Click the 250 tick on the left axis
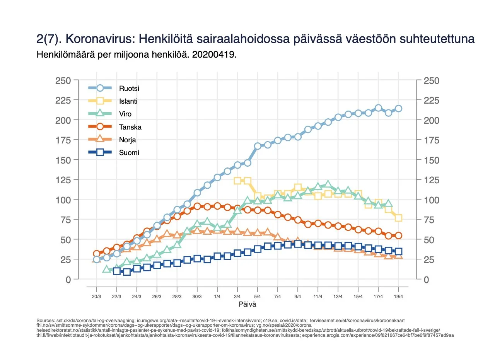pyautogui.click(x=62, y=80)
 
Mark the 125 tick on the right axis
pyautogui.click(x=431, y=180)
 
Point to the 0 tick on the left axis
pyautogui.click(x=68, y=279)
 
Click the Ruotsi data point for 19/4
pyautogui.click(x=398, y=109)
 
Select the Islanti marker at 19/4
pyautogui.click(x=398, y=218)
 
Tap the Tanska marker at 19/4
pyautogui.click(x=398, y=235)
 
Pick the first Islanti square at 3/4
pyautogui.click(x=237, y=181)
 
